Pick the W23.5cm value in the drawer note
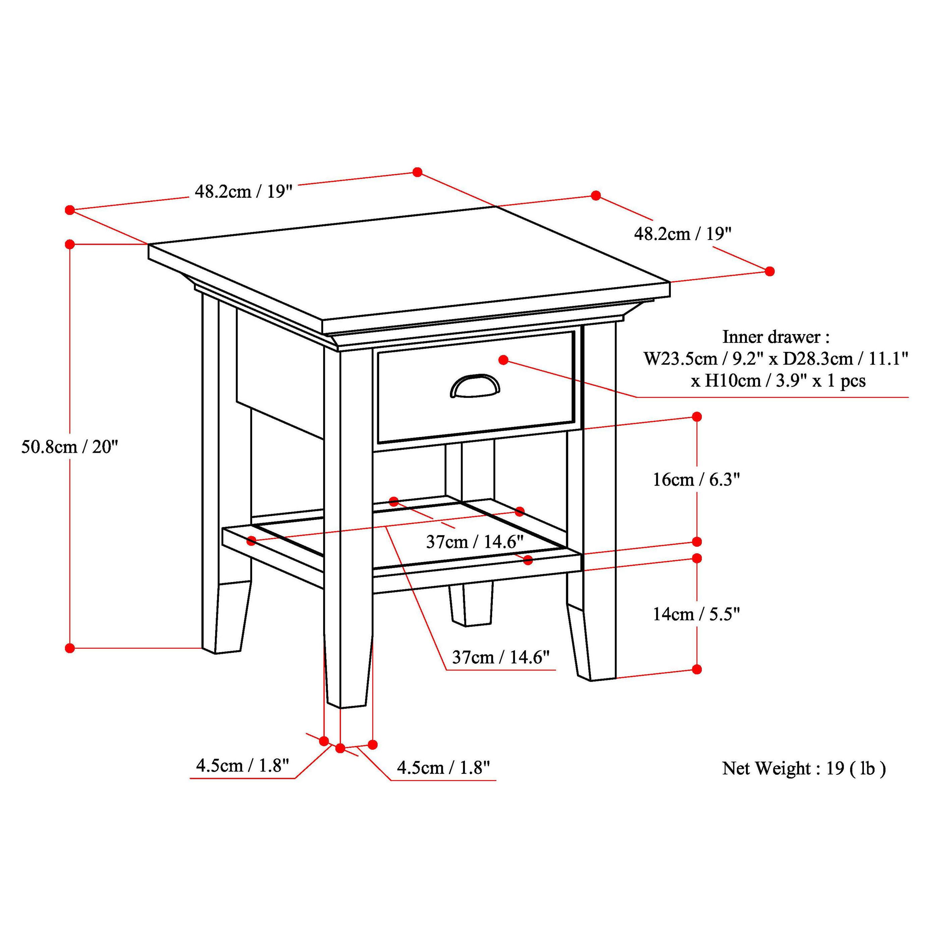coord(680,359)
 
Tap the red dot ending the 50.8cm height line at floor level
coord(70,648)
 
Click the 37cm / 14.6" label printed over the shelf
coord(475,542)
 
